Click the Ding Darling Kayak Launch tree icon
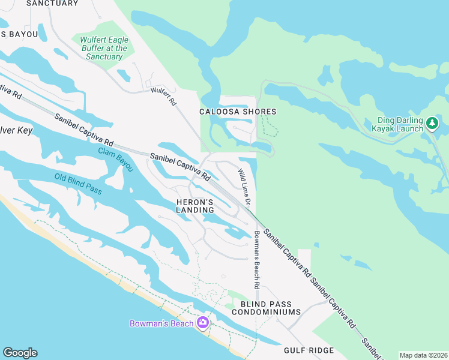click(432, 124)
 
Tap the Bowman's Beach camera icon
click(202, 323)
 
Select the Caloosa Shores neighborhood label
click(238, 112)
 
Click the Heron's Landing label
click(195, 206)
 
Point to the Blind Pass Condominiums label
click(266, 308)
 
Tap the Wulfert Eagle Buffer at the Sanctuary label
click(104, 48)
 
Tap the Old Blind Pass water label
click(78, 185)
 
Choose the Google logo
click(20, 353)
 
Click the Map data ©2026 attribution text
click(423, 355)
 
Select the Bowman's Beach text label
click(162, 323)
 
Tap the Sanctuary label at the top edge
click(53, 3)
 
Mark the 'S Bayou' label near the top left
click(19, 34)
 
